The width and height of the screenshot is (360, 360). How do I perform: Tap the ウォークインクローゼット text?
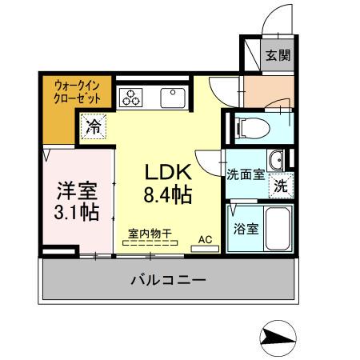point(77,91)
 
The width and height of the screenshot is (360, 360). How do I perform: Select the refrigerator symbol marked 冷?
point(94,125)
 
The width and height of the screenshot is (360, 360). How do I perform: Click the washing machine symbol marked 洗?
point(281,185)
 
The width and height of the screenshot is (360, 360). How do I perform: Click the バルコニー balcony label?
point(168,281)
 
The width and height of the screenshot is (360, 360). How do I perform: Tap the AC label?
point(205,238)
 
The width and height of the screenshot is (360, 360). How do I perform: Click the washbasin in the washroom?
point(275,158)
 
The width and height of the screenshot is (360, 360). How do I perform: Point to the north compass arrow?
point(277,337)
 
